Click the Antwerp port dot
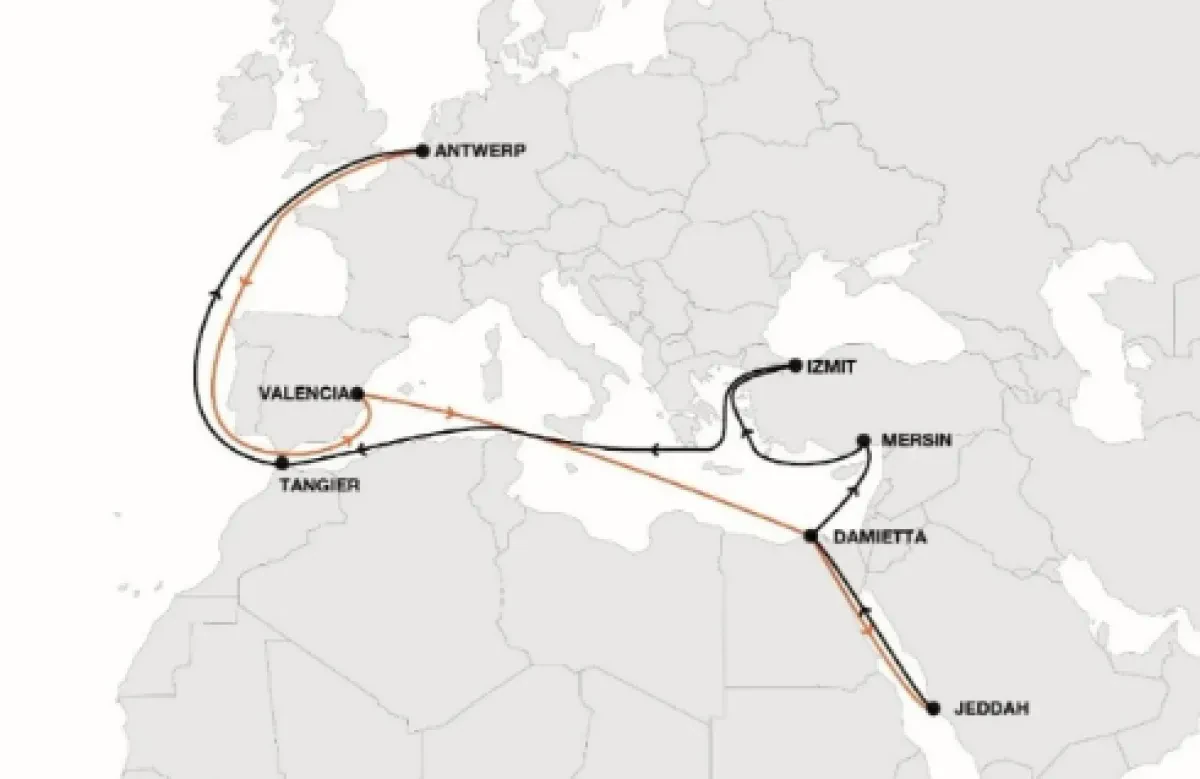coord(422,152)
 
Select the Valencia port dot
coord(358,394)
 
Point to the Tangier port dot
coord(282,463)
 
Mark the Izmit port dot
coord(795,366)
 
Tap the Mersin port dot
coord(863,440)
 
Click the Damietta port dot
coord(812,537)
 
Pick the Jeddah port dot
coord(933,708)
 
